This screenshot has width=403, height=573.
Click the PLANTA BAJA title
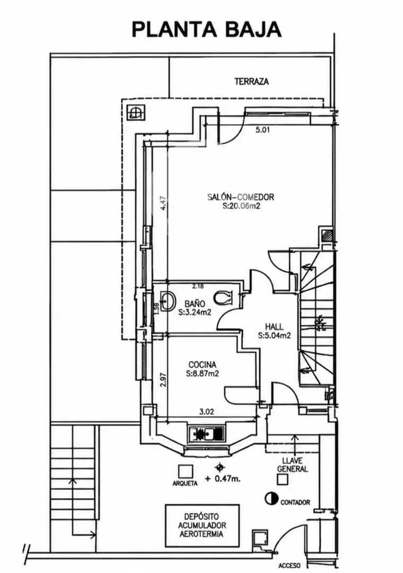point(206,30)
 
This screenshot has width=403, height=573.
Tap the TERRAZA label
point(252,82)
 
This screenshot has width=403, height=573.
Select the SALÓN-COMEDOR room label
point(241,197)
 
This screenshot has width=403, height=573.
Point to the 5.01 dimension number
point(262,129)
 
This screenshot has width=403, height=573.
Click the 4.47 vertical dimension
point(163,203)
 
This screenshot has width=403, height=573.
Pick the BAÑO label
point(195,303)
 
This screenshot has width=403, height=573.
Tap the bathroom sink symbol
point(169,301)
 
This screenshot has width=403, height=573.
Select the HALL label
point(274,327)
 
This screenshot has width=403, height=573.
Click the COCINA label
point(203,364)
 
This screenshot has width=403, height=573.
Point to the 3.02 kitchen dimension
point(207,412)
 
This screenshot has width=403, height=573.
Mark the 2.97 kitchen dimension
point(163,380)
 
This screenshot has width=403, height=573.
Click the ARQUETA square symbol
point(185,472)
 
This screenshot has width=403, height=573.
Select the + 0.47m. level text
point(223,479)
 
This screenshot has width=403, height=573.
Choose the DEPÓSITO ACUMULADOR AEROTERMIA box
point(203,525)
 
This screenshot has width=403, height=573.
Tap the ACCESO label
point(290,566)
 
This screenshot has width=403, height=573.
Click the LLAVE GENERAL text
point(292,465)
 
